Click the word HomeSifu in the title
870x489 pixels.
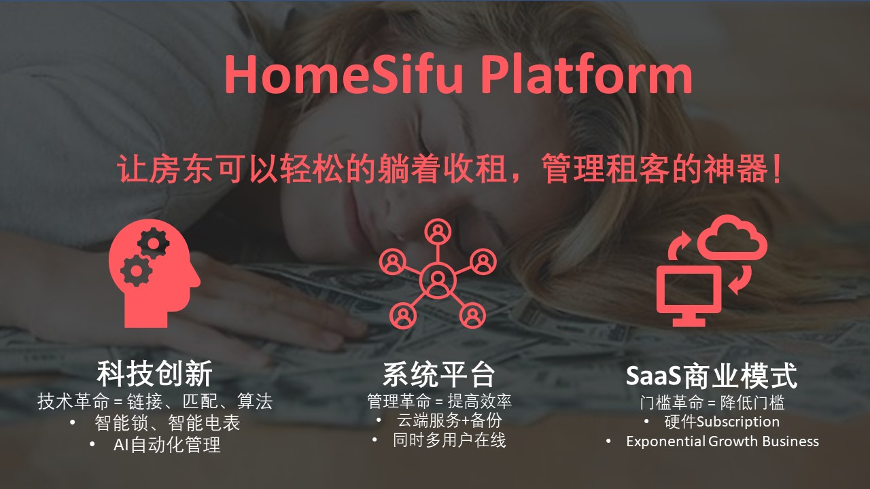pos(344,74)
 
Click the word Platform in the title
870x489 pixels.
pos(587,74)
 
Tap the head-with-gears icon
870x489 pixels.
pos(154,273)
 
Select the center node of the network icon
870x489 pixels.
pos(438,279)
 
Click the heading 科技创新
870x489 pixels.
pos(154,374)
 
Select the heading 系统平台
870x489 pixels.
pos(439,375)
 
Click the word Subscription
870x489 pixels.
pos(738,422)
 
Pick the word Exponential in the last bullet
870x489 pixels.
pos(665,441)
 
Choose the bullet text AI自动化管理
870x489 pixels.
pos(167,445)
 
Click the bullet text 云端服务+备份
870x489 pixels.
pos(449,420)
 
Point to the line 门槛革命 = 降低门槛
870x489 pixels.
pos(712,403)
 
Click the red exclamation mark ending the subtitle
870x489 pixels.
pos(777,168)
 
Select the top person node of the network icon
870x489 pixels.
pos(438,232)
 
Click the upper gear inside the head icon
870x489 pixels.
pos(154,243)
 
